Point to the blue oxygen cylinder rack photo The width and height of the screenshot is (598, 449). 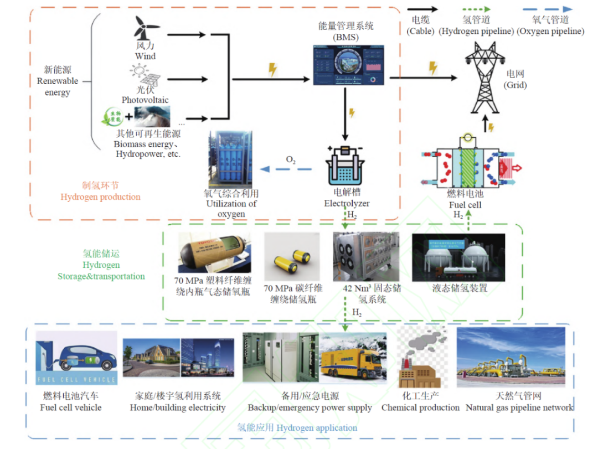229,159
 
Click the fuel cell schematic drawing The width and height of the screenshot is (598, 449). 467,162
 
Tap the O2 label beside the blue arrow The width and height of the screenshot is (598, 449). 291,160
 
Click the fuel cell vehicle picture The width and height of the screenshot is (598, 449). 76,358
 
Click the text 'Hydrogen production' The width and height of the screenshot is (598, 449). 100,197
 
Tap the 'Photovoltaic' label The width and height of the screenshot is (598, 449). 145,100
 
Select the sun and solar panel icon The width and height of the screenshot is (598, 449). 145,77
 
